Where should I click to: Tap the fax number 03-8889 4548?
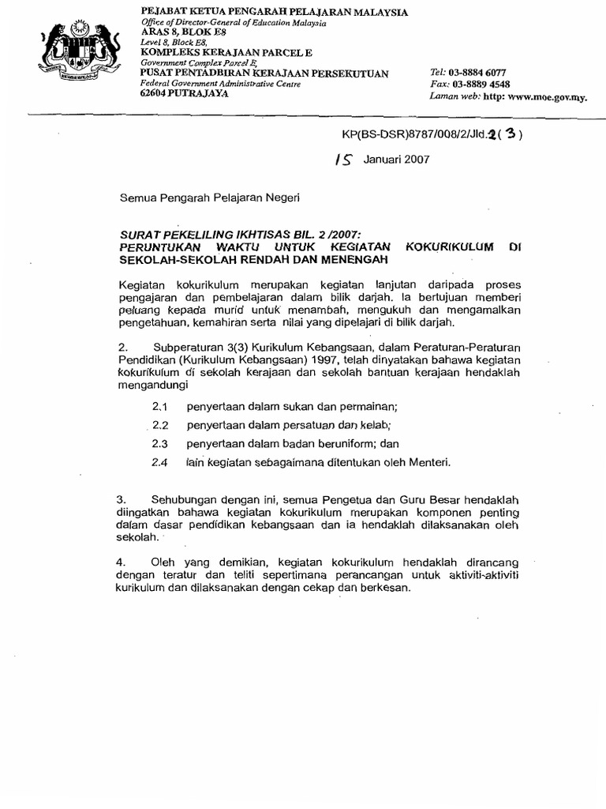(479, 83)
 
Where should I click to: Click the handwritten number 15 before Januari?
(344, 159)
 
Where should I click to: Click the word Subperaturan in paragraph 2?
(193, 347)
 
